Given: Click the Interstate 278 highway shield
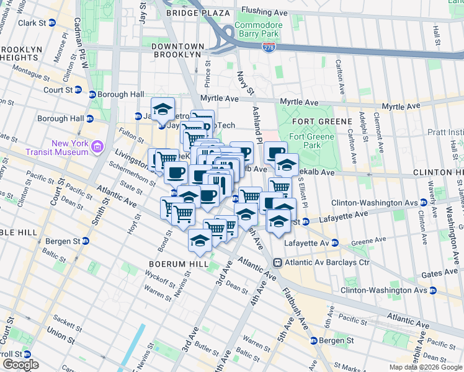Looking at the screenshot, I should point(269,48).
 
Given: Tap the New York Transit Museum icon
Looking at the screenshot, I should point(97,147).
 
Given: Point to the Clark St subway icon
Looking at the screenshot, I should point(52,22).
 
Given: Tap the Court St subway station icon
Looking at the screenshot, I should point(78,90).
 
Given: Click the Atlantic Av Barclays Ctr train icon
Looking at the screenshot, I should point(278,262).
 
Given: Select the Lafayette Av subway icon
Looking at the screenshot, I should point(334,242).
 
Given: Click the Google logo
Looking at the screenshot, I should point(20,365).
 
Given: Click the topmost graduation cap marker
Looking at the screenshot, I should point(163,108).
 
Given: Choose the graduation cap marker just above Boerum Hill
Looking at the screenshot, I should point(200,240).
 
